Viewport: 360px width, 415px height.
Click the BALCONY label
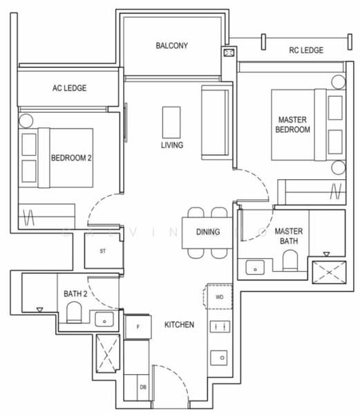click(172, 46)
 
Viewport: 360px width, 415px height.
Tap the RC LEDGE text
click(306, 50)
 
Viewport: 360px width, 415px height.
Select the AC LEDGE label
click(68, 89)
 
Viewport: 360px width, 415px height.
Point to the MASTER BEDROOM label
click(293, 124)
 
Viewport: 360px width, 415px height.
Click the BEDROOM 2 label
click(71, 158)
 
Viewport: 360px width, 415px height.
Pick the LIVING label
click(172, 145)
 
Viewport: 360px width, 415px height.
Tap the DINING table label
click(208, 232)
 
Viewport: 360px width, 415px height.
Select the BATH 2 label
click(75, 294)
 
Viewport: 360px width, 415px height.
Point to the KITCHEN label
click(179, 324)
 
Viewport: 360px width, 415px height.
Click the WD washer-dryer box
click(219, 297)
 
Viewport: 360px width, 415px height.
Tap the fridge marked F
click(138, 326)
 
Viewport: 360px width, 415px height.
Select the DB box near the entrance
click(143, 387)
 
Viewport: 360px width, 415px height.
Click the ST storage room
click(102, 251)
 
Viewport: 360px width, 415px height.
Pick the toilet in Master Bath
click(290, 261)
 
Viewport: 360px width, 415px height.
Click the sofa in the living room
click(215, 121)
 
